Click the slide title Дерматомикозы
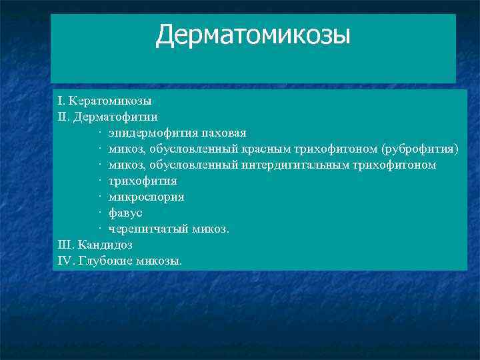pos(253,36)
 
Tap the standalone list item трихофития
pos(143,181)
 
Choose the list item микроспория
pos(146,197)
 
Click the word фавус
pos(125,213)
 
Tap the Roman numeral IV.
pos(66,261)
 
